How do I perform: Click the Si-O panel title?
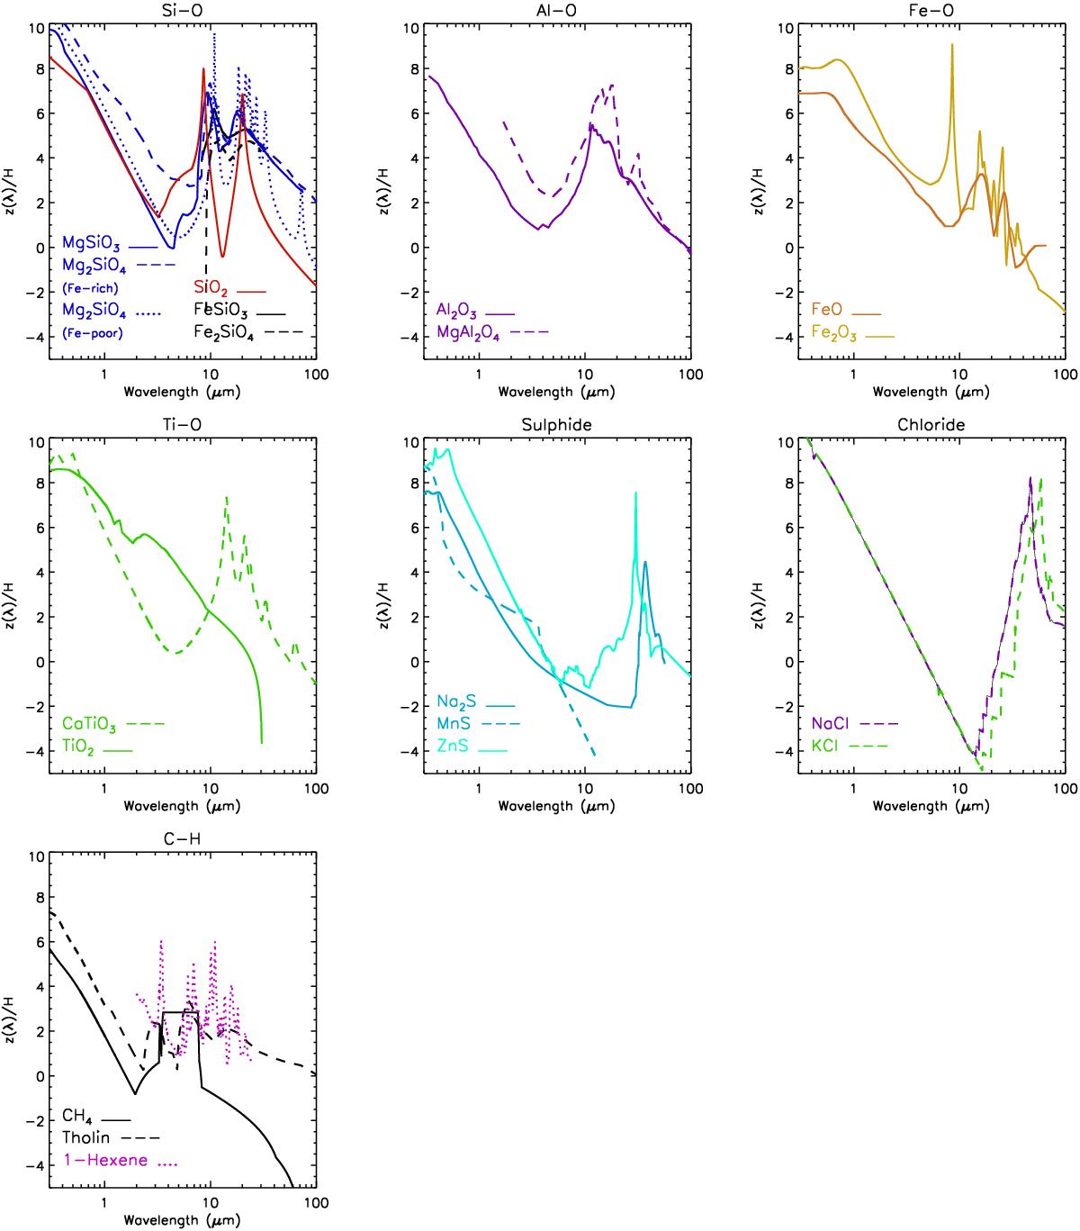tap(183, 10)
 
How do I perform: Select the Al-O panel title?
tap(557, 10)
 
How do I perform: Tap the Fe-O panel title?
tap(931, 10)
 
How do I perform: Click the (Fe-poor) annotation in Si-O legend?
tap(92, 332)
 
